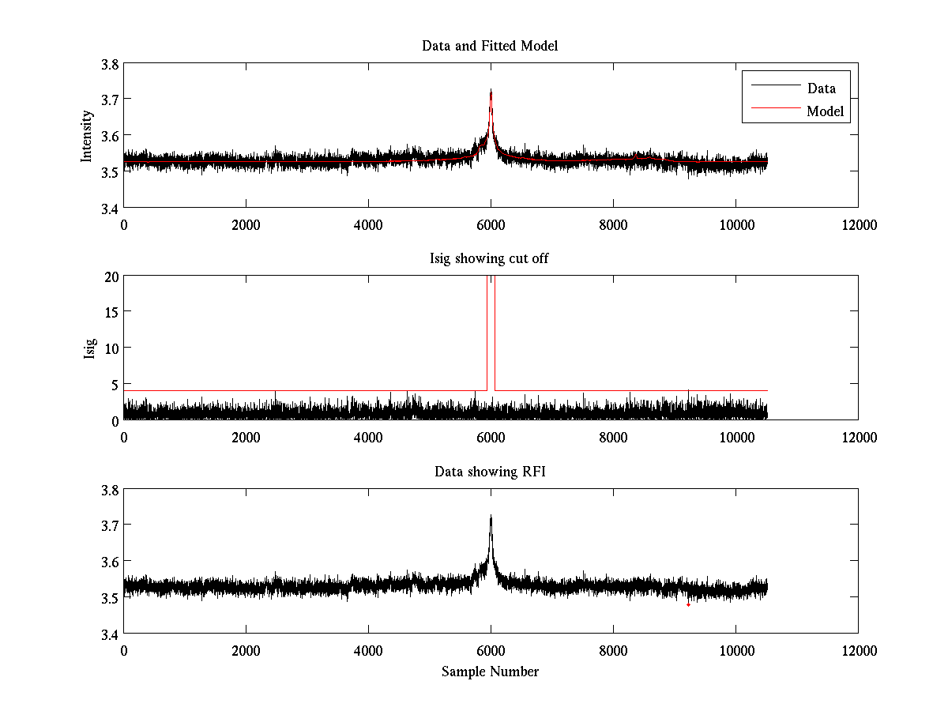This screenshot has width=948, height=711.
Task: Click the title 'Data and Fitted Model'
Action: coord(490,46)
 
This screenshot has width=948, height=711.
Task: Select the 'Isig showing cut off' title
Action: coord(490,258)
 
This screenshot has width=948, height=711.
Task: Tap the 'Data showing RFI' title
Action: coord(490,472)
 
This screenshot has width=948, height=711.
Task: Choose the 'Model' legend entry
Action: coord(825,111)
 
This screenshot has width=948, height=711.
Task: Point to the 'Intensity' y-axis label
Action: coord(88,136)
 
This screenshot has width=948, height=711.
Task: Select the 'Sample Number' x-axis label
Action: coord(490,671)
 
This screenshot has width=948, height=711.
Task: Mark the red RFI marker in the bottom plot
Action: coord(689,604)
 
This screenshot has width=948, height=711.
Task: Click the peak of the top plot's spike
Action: coord(491,90)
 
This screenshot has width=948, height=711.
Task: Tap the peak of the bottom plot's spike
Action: coord(491,517)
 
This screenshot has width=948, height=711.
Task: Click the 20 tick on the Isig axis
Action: coord(111,276)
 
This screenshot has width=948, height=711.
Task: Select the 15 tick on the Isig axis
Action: coord(111,312)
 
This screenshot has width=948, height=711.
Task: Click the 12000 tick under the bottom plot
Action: coord(858,650)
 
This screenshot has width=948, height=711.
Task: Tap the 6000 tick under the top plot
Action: coord(491,224)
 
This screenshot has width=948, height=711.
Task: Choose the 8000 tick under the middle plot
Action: coord(613,437)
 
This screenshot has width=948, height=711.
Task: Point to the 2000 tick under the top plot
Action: coord(246,224)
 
